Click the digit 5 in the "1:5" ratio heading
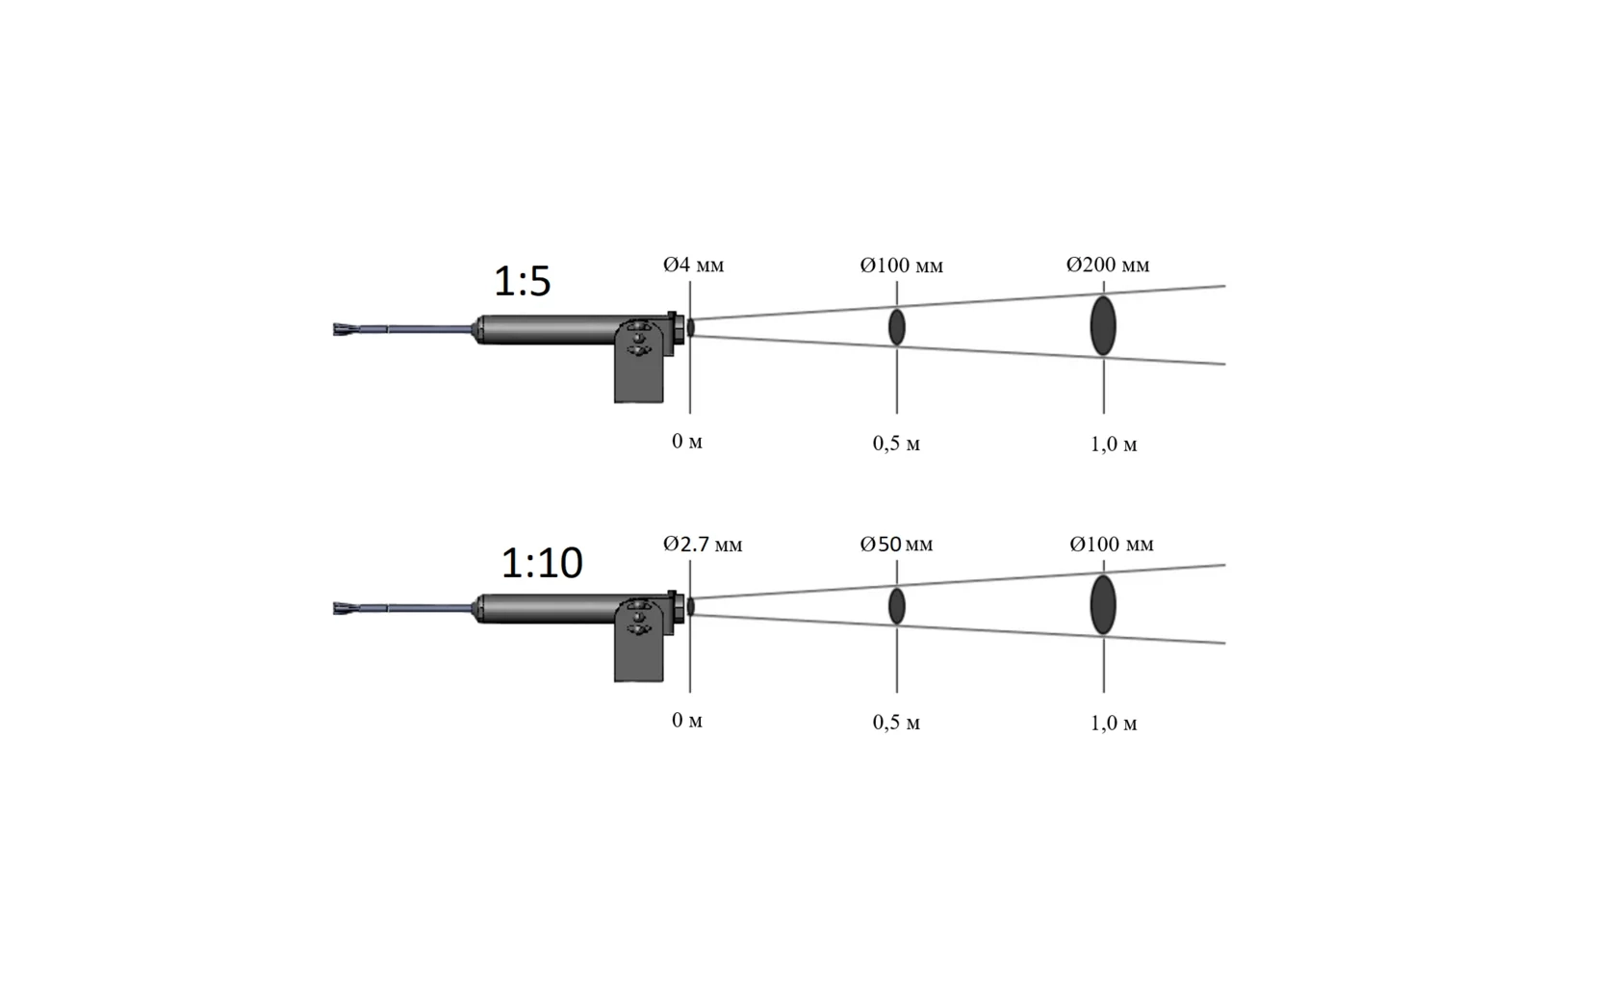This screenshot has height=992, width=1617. [539, 281]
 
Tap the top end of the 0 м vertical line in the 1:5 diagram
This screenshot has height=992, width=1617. [690, 281]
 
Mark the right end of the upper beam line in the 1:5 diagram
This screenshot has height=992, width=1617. [1225, 287]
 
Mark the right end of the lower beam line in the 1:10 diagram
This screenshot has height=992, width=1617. [1225, 643]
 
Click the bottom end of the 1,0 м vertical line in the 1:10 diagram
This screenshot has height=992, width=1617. [1104, 693]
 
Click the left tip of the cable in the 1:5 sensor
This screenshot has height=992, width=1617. [334, 330]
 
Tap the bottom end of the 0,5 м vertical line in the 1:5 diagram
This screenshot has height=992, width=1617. [897, 414]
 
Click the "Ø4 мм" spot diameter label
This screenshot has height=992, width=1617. [693, 265]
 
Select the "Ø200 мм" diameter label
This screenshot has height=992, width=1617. [1108, 265]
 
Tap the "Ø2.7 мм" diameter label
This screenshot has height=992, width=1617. [703, 544]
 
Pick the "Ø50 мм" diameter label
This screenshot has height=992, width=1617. [897, 544]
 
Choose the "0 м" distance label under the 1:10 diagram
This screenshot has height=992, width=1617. [686, 720]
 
